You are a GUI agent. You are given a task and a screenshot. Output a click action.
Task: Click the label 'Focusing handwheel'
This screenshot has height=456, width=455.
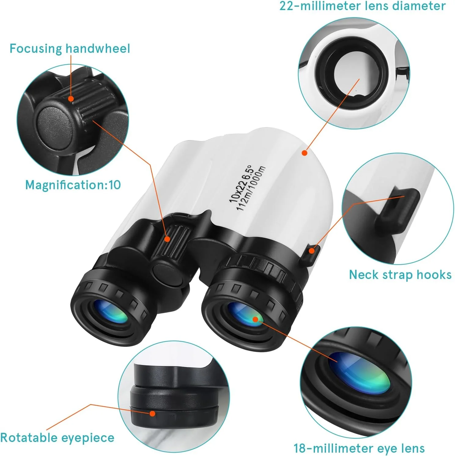coord(70,49)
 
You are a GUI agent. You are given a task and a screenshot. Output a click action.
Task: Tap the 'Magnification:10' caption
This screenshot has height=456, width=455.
coord(73,185)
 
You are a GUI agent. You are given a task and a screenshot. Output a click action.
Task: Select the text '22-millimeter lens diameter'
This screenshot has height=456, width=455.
coord(362,6)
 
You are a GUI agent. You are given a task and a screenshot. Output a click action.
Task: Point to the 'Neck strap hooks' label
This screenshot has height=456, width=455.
coord(400,275)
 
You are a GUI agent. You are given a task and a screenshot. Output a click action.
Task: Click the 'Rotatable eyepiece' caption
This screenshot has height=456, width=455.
coord(57,438)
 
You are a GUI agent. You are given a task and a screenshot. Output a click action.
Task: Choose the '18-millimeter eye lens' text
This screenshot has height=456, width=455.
coord(359,448)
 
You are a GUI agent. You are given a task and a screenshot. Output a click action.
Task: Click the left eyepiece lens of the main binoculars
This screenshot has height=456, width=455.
coord(110,312)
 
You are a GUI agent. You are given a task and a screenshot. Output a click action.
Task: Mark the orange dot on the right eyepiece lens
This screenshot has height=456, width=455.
coord(255,319)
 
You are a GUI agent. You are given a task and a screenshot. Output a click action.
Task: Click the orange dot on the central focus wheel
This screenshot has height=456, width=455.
coord(167,238)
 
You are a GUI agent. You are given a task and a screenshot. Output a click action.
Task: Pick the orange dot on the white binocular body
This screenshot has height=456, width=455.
coord(304,153)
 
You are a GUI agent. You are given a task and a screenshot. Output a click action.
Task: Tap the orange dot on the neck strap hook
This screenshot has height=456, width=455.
coord(311,251)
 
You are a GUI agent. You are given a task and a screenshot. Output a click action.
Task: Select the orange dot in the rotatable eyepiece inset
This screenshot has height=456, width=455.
coord(152,414)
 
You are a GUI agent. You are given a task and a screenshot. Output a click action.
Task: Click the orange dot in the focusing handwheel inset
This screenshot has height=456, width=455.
coord(71,99)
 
